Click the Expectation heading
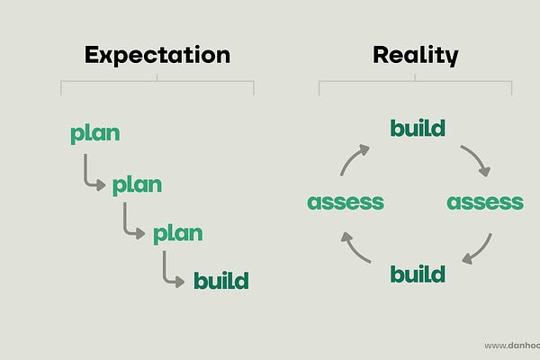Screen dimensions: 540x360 (x=157, y=55)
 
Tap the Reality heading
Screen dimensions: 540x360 (x=415, y=55)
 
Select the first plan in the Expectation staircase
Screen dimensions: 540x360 (x=95, y=135)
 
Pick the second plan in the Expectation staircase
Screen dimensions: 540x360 (x=137, y=185)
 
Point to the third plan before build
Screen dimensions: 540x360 (x=177, y=234)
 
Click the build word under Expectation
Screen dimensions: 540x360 (x=220, y=281)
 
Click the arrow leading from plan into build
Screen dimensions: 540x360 (x=172, y=269)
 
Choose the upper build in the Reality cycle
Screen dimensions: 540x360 (x=418, y=128)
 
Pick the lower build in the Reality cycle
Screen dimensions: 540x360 (x=418, y=274)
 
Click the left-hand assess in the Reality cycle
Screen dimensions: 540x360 (x=346, y=202)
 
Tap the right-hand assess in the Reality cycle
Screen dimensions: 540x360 (x=485, y=202)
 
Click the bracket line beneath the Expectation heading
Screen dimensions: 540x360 (x=157, y=82)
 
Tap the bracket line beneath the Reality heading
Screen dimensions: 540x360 (x=415, y=82)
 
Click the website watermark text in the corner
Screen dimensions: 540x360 (x=511, y=346)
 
